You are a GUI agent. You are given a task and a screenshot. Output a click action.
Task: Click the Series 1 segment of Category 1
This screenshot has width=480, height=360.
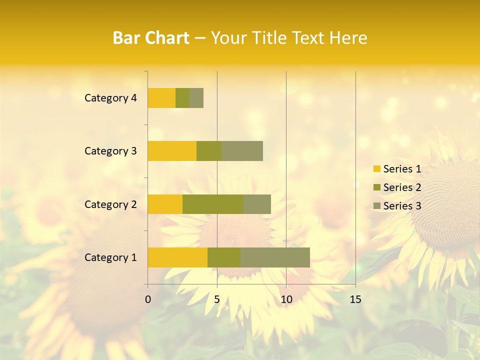(x=177, y=257)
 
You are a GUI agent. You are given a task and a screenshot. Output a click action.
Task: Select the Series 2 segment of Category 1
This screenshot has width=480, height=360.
(x=224, y=257)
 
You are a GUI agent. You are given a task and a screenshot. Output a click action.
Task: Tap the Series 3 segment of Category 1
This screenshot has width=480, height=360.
(x=275, y=257)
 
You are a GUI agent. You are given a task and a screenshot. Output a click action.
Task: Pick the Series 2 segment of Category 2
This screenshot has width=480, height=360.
(x=213, y=204)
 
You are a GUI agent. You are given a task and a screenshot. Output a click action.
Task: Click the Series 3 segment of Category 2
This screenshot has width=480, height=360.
(x=257, y=204)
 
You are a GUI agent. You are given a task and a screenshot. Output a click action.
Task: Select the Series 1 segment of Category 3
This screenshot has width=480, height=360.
(x=172, y=151)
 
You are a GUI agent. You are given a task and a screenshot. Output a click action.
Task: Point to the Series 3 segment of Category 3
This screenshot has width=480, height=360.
(x=242, y=151)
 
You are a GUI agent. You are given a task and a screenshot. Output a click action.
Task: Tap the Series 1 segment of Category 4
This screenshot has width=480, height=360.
(x=161, y=98)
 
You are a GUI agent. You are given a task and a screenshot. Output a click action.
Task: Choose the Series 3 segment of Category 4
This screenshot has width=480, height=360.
(x=196, y=98)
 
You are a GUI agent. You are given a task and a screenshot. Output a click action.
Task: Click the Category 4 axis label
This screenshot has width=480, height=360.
(x=110, y=98)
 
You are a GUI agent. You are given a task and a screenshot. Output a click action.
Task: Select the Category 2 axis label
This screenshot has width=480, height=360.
(x=110, y=204)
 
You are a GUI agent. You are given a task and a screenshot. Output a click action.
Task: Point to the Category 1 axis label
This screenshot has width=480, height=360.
(x=110, y=257)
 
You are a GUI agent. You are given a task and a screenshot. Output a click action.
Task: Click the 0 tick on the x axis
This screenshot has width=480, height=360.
(x=148, y=299)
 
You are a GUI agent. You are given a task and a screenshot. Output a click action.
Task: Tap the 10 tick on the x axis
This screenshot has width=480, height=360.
(x=286, y=299)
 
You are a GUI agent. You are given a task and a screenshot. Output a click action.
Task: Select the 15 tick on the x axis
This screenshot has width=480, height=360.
(x=355, y=299)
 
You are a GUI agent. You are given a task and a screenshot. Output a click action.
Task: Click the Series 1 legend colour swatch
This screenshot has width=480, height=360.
(x=376, y=169)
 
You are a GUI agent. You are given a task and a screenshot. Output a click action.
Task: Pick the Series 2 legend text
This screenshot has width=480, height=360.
(x=402, y=187)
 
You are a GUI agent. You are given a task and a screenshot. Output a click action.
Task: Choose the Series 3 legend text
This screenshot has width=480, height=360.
(x=402, y=206)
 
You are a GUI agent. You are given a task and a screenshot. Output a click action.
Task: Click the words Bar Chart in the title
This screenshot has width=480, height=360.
(x=151, y=38)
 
